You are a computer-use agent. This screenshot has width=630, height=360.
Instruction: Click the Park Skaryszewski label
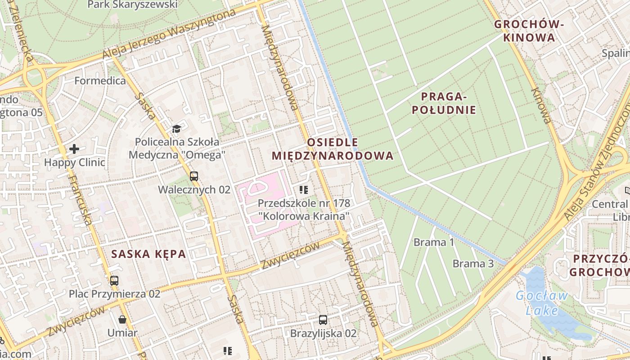pyautogui.click(x=132, y=5)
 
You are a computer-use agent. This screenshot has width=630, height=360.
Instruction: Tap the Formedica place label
pyautogui.click(x=100, y=81)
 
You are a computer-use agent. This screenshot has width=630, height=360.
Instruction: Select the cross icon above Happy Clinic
pyautogui.click(x=74, y=148)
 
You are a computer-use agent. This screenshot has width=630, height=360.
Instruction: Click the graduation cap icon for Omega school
pyautogui.click(x=176, y=129)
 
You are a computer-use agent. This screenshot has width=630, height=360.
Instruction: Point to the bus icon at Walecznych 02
pyautogui.click(x=194, y=176)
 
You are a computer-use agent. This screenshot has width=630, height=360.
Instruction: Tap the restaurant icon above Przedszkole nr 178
pyautogui.click(x=303, y=190)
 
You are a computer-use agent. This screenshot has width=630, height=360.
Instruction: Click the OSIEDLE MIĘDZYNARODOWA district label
pyautogui.click(x=333, y=149)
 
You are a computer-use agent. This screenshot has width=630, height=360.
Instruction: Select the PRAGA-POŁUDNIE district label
pyautogui.click(x=448, y=103)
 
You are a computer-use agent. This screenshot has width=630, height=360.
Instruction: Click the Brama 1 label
pyautogui.click(x=433, y=243)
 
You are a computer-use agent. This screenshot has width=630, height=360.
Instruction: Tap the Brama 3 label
pyautogui.click(x=473, y=264)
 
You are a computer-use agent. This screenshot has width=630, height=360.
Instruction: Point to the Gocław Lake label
pyautogui.click(x=542, y=303)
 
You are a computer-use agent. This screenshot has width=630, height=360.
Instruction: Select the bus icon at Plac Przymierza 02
pyautogui.click(x=114, y=281)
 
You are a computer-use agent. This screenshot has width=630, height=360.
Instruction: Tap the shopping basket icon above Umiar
pyautogui.click(x=122, y=320)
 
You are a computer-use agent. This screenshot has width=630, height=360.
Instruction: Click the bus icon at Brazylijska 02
pyautogui.click(x=323, y=320)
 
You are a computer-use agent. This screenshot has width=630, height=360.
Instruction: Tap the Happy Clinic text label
pyautogui.click(x=74, y=162)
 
